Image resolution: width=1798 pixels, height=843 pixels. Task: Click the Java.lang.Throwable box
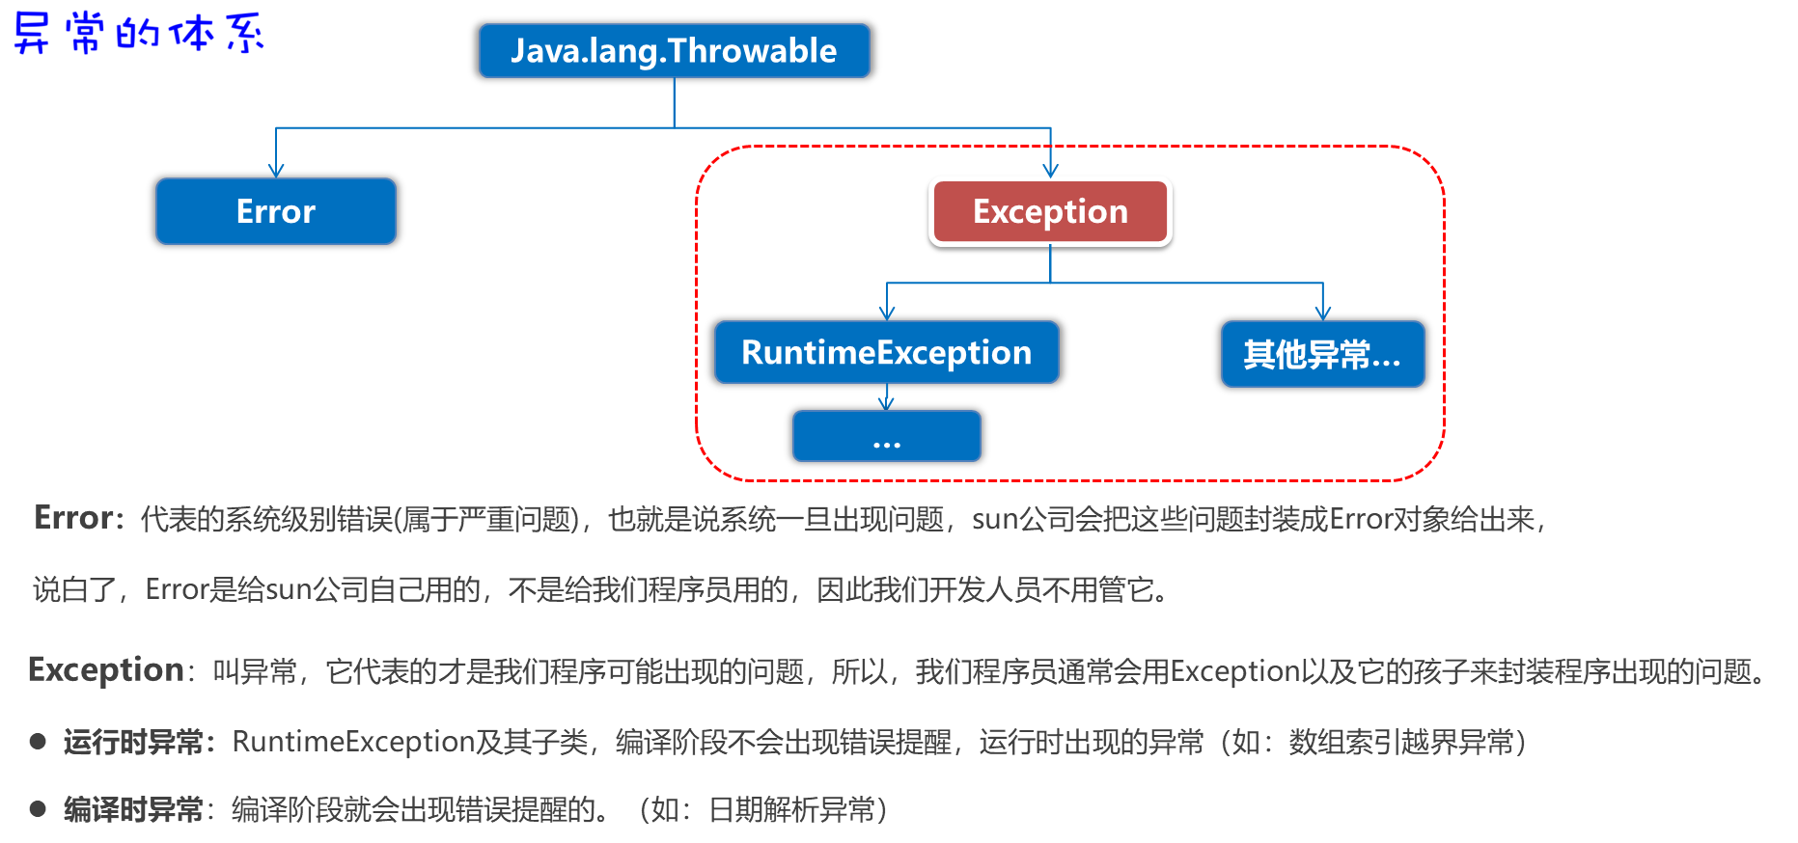click(674, 51)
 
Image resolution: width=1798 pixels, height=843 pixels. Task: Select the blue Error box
click(276, 211)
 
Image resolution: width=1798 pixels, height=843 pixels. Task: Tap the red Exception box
click(1050, 211)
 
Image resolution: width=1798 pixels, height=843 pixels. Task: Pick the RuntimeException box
click(886, 353)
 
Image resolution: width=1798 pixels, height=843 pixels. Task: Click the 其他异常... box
click(1322, 354)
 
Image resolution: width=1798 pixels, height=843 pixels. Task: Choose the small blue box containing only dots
click(886, 437)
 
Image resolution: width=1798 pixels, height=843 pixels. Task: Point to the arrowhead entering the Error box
click(276, 171)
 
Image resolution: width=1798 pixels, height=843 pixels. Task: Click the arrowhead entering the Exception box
click(1050, 170)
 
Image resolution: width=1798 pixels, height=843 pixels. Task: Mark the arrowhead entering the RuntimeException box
click(887, 313)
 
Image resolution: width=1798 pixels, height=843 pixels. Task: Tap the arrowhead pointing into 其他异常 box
click(1322, 313)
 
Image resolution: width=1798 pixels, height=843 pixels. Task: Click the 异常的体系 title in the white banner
click(138, 33)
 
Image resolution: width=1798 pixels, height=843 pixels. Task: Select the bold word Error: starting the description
click(79, 518)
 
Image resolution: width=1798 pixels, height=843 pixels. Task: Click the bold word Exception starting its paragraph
click(106, 669)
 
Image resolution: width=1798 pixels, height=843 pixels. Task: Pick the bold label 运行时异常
click(133, 742)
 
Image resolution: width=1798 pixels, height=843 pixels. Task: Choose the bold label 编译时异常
click(133, 809)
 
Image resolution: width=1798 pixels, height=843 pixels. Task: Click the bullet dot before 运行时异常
click(39, 741)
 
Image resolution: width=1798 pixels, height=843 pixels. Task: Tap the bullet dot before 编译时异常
click(39, 808)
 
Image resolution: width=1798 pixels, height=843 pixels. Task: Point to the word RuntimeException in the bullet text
click(352, 742)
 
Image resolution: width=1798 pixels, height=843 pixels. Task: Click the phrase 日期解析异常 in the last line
click(791, 809)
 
